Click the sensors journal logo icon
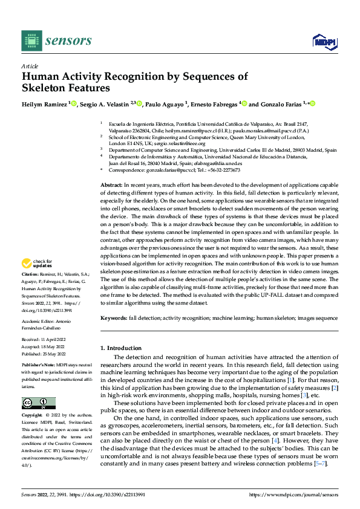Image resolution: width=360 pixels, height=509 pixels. coord(31,41)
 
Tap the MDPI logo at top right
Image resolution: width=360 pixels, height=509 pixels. coord(324,41)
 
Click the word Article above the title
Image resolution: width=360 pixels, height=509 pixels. coord(30,66)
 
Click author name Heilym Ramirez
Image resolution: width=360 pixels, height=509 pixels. coord(45,104)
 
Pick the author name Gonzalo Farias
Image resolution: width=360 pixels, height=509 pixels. coord(280,104)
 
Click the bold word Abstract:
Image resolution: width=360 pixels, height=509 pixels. coord(111,184)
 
